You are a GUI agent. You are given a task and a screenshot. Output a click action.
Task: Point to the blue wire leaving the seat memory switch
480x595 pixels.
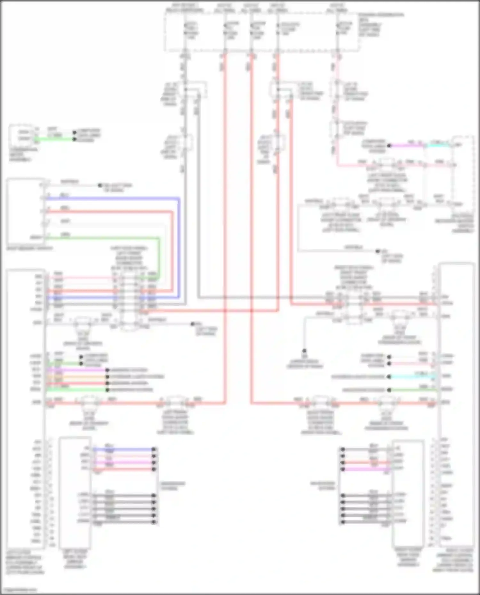pos(112,199)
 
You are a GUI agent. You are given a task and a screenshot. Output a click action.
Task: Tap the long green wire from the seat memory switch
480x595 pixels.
pos(102,238)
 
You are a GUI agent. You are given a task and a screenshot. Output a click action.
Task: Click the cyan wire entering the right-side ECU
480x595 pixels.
pos(413,377)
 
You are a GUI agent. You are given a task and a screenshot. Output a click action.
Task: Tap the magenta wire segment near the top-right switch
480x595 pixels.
pos(406,145)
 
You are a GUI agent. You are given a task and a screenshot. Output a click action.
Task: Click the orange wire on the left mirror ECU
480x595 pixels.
pos(77,377)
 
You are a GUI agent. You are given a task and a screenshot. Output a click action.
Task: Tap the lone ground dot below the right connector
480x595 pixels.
pos(304,351)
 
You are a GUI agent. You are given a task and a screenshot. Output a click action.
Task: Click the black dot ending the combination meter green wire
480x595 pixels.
pos(74,139)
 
